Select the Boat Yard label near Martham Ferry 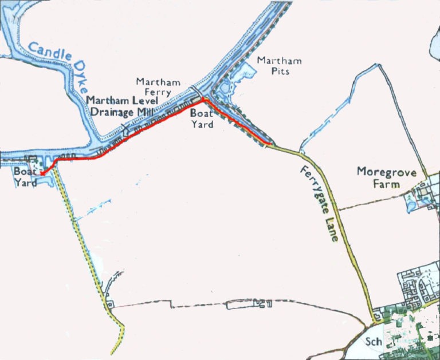(201, 119)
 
